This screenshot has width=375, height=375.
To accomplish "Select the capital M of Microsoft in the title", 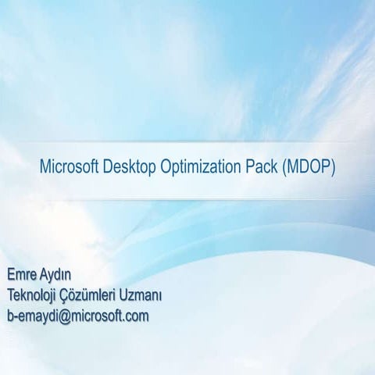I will (45, 167).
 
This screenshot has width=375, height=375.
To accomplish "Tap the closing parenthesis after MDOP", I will (334, 168).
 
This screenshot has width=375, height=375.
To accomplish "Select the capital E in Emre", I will (11, 275).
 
